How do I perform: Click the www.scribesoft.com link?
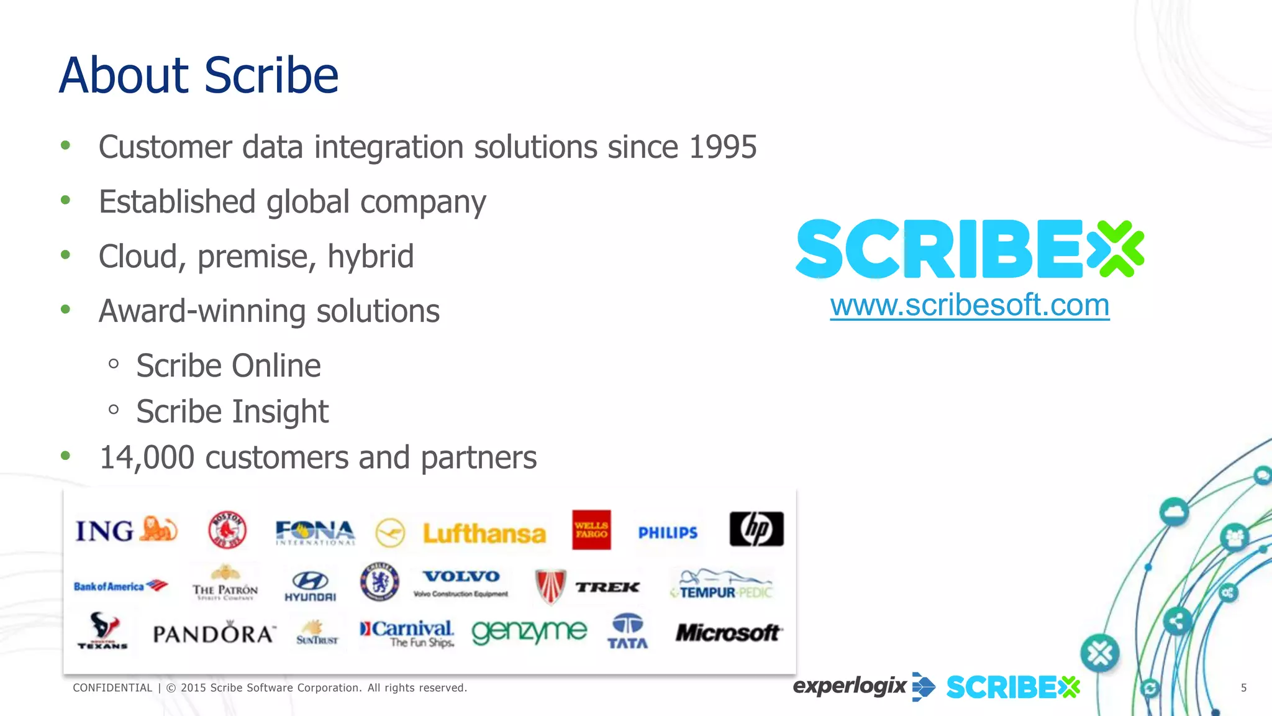[970, 306]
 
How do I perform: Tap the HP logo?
[756, 530]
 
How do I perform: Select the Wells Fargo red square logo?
[591, 530]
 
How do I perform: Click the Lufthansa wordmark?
[484, 534]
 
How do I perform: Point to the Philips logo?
[668, 533]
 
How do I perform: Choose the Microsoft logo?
[727, 633]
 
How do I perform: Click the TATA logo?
[627, 631]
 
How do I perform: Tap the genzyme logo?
[529, 632]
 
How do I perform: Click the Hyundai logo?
[310, 587]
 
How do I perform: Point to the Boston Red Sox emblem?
[227, 530]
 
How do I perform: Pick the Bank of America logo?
[120, 586]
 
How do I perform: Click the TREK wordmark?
[607, 587]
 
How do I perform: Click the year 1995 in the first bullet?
[722, 147]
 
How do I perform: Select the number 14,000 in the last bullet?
[147, 458]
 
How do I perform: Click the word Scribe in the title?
[271, 75]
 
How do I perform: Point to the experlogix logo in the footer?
[849, 686]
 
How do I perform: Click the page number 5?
[1243, 688]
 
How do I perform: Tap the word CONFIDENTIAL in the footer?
[112, 688]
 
